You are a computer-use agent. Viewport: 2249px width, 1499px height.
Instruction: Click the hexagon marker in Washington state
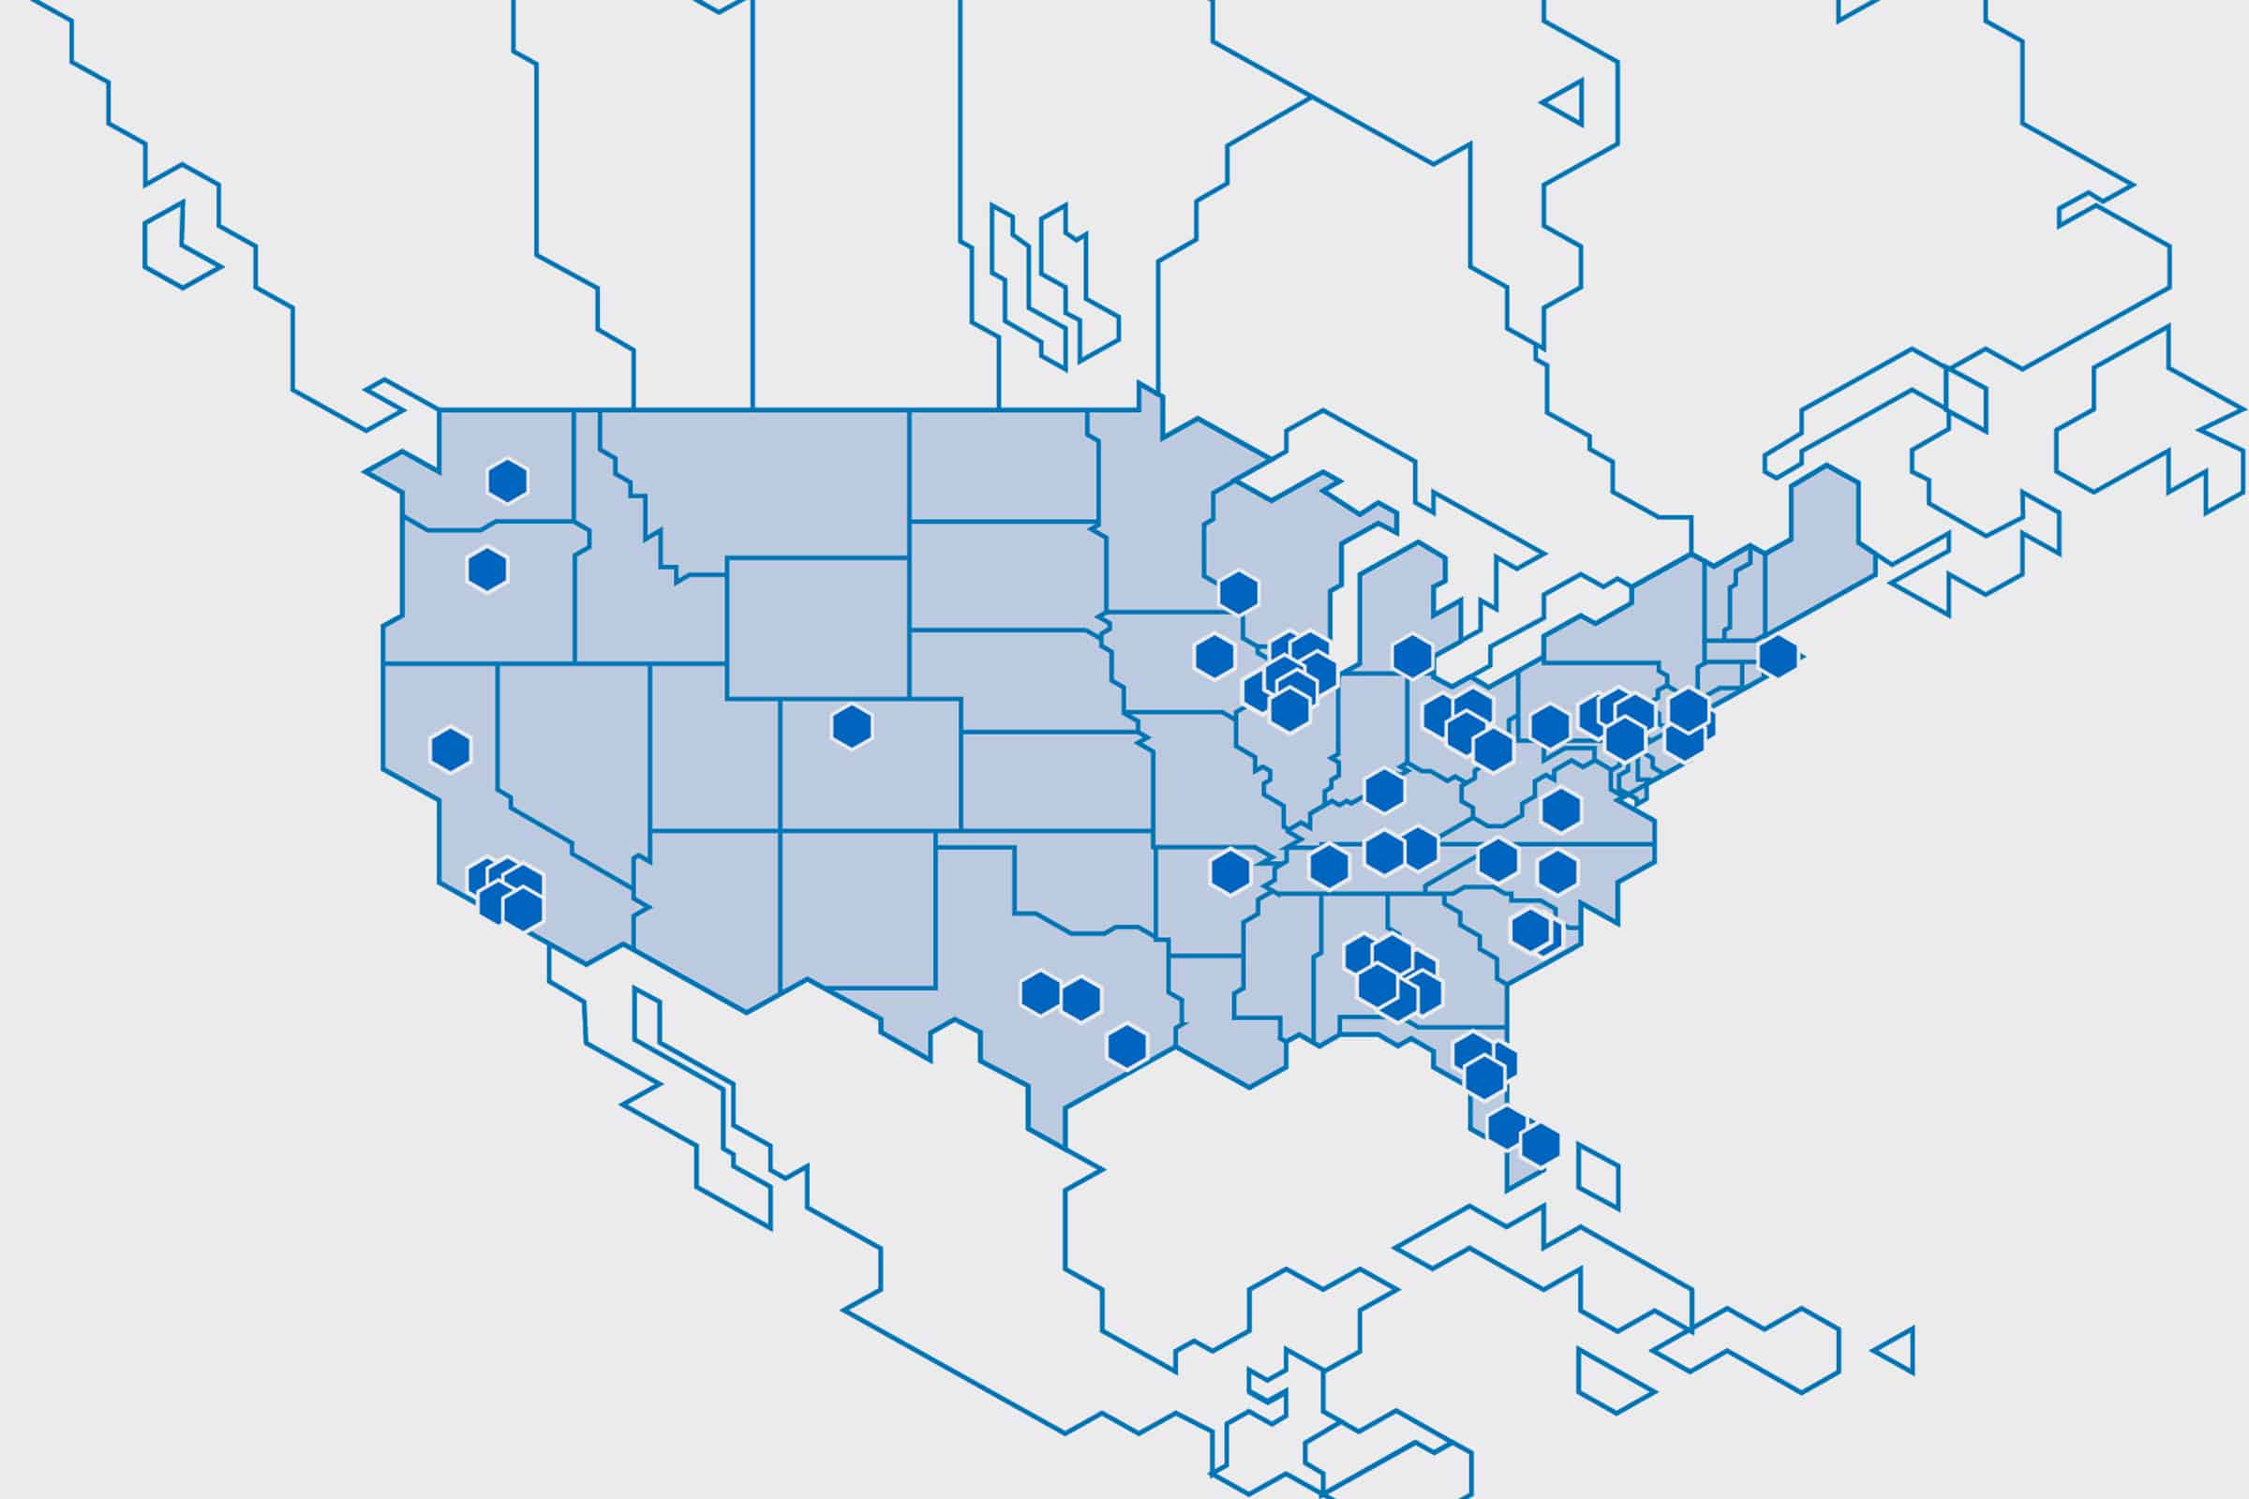[508, 481]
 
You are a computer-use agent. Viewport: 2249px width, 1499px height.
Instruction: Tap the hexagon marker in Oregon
[486, 570]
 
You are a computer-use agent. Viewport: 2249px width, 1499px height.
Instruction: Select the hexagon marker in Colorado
[851, 728]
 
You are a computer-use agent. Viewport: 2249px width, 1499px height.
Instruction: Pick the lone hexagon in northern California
[451, 750]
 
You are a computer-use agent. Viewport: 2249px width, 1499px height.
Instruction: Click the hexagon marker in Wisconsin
[1238, 593]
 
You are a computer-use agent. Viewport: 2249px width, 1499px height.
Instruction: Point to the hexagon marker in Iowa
[1214, 657]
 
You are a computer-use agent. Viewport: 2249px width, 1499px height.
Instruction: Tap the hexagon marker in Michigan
[1412, 656]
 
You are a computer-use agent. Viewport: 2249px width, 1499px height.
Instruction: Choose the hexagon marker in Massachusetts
[1778, 656]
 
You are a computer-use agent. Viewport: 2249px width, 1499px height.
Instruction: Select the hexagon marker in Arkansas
[1230, 872]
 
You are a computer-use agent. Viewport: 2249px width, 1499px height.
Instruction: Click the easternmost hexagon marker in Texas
[1126, 1046]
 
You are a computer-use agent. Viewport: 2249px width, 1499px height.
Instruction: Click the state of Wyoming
[817, 627]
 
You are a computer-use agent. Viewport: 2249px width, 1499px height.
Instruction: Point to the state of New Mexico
[856, 908]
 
